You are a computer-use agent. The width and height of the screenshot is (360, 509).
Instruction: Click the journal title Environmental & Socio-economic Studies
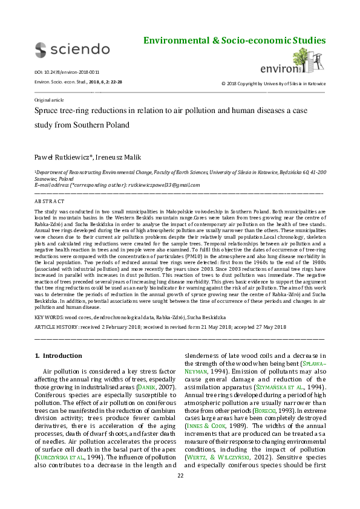click(x=234, y=41)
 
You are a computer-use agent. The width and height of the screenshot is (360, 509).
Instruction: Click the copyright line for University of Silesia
click(x=273, y=83)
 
